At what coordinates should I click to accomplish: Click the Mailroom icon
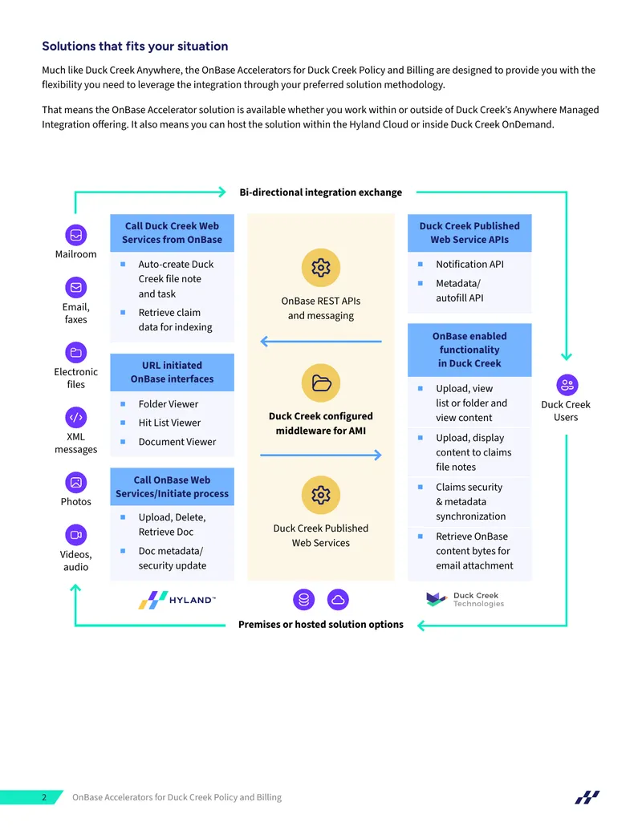75,235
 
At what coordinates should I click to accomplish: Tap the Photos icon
75,483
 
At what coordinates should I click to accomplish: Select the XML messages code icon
75,418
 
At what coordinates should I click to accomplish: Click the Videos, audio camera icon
75,535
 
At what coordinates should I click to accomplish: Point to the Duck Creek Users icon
567,386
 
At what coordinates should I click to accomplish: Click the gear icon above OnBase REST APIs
320,268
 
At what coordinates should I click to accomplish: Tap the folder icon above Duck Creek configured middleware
320,383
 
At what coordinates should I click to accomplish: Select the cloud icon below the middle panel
338,600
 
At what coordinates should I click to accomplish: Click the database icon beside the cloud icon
304,600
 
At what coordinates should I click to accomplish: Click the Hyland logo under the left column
177,600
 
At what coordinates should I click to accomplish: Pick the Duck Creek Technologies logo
465,600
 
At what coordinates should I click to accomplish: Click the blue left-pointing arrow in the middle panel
321,342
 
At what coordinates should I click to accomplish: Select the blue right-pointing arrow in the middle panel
321,455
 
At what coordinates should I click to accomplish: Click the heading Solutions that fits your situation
135,46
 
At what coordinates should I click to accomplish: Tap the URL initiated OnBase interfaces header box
173,373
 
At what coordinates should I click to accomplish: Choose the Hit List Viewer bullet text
169,423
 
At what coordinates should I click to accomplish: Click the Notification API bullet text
469,264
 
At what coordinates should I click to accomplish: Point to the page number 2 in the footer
44,797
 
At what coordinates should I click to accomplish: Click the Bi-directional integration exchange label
320,192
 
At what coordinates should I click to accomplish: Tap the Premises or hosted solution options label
320,625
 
